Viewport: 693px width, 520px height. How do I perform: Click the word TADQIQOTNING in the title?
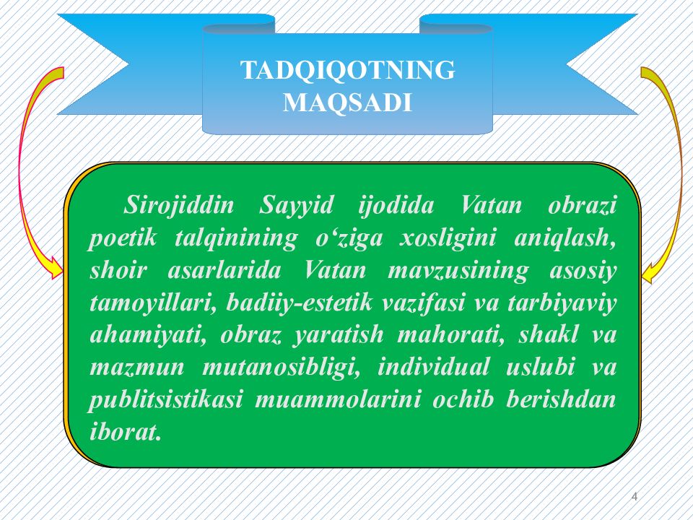coord(347,71)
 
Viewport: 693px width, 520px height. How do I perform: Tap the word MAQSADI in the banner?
coord(347,103)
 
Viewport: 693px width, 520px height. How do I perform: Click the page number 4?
coord(635,495)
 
